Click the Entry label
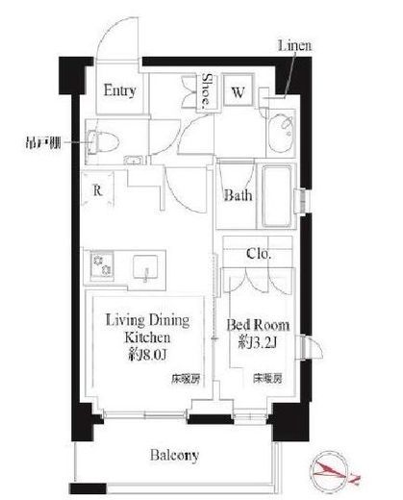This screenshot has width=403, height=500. click(120, 92)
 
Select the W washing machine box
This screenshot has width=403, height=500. click(237, 92)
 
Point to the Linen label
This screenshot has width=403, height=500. click(293, 45)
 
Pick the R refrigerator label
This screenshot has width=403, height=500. click(97, 189)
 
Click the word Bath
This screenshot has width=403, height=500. click(238, 196)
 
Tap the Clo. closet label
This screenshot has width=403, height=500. click(257, 254)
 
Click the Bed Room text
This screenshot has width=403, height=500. click(257, 324)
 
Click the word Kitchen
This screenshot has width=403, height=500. click(145, 338)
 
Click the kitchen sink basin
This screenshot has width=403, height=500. click(145, 265)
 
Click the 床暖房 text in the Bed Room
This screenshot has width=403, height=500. click(266, 377)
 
